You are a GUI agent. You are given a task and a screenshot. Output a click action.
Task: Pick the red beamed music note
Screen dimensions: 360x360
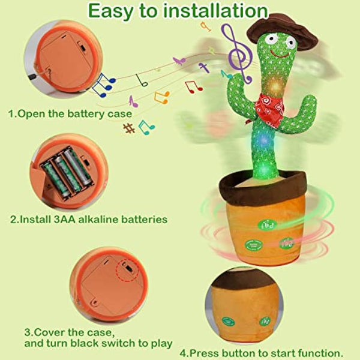click(x=193, y=86)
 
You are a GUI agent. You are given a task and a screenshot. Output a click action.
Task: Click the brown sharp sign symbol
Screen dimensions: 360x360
click(x=128, y=128)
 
